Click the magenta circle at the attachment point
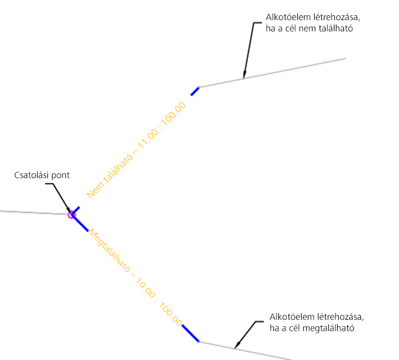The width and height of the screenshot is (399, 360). point(71,214)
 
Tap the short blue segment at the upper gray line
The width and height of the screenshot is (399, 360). point(195,91)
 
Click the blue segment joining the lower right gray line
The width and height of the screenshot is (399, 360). point(190,333)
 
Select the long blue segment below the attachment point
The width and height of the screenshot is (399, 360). point(80,223)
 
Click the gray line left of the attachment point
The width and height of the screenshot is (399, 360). point(33,212)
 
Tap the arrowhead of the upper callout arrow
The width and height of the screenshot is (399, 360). point(244,77)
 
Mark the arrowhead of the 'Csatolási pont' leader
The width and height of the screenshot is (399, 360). point(70,212)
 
